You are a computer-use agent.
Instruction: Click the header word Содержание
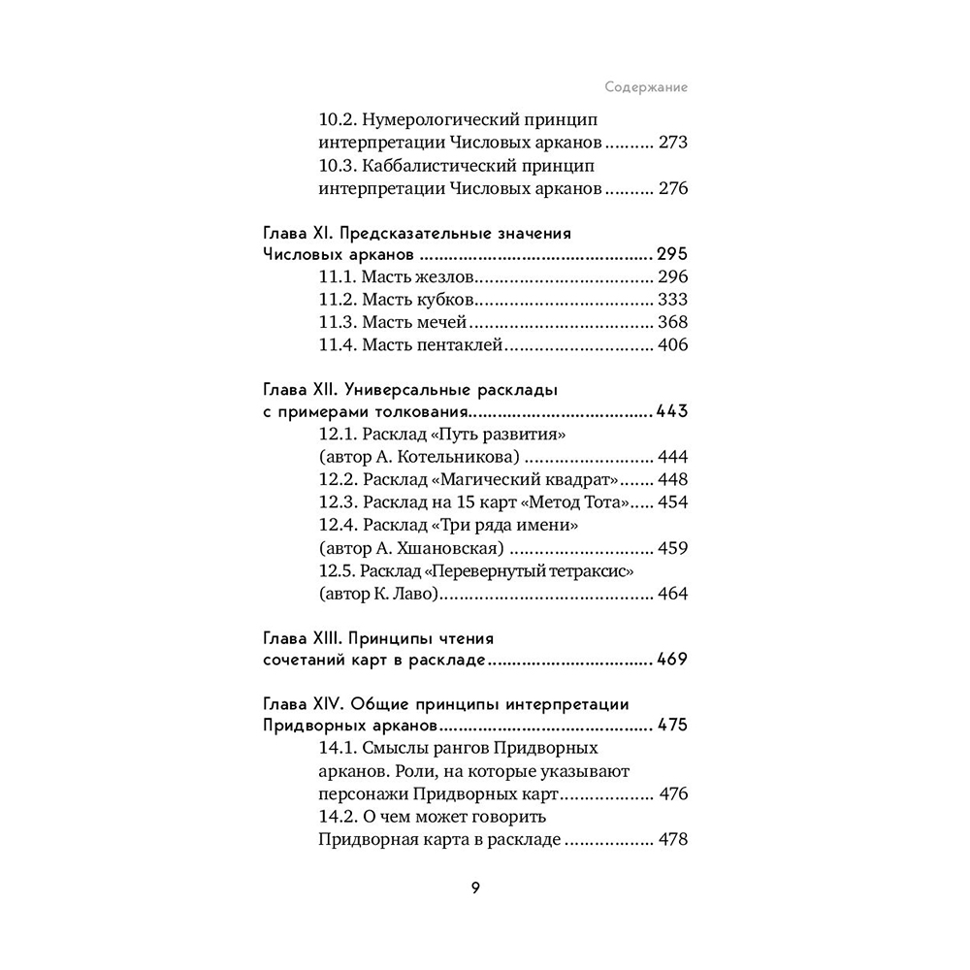[646, 86]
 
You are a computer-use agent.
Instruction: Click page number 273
[672, 143]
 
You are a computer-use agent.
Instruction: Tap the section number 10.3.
[338, 166]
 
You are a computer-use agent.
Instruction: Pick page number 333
[672, 300]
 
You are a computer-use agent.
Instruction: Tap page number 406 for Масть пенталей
[672, 345]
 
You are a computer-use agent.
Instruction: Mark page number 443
[671, 411]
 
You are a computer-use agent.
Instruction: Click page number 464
[672, 594]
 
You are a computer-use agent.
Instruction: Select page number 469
[671, 662]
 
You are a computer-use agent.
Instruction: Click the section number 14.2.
[338, 817]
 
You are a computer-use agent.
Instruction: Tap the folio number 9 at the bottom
[475, 889]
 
